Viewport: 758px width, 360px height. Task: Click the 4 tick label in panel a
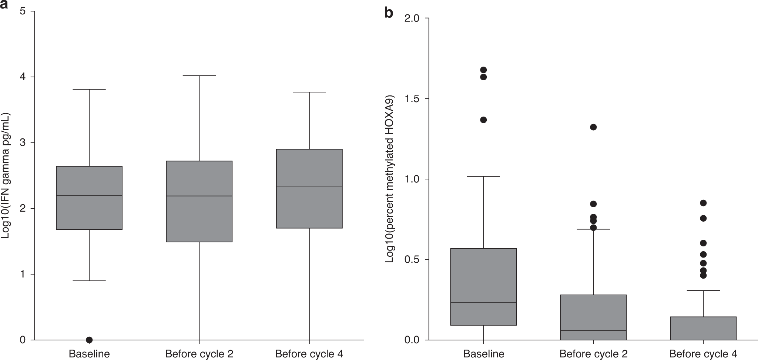[23, 77]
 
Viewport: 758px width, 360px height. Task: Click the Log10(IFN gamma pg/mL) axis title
[6, 176]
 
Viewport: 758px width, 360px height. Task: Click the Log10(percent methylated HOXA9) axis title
[389, 179]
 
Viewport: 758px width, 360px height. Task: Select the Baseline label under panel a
[89, 354]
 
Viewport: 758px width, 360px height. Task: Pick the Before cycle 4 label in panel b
[703, 354]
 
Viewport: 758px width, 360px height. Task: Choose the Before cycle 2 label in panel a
[199, 354]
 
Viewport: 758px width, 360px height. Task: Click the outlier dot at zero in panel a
[89, 340]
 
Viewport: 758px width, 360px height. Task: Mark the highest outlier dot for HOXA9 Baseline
[483, 70]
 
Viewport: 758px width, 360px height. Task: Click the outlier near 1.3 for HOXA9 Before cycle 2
[593, 127]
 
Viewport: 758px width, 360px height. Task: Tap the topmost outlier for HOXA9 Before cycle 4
[703, 203]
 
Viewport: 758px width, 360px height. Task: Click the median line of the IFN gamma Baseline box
[89, 195]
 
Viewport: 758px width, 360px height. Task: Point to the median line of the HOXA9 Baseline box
[483, 303]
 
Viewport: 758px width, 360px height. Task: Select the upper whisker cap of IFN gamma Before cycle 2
[199, 75]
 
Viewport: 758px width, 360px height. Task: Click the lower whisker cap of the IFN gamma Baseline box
[89, 281]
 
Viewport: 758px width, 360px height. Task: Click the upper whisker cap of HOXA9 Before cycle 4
[703, 290]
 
